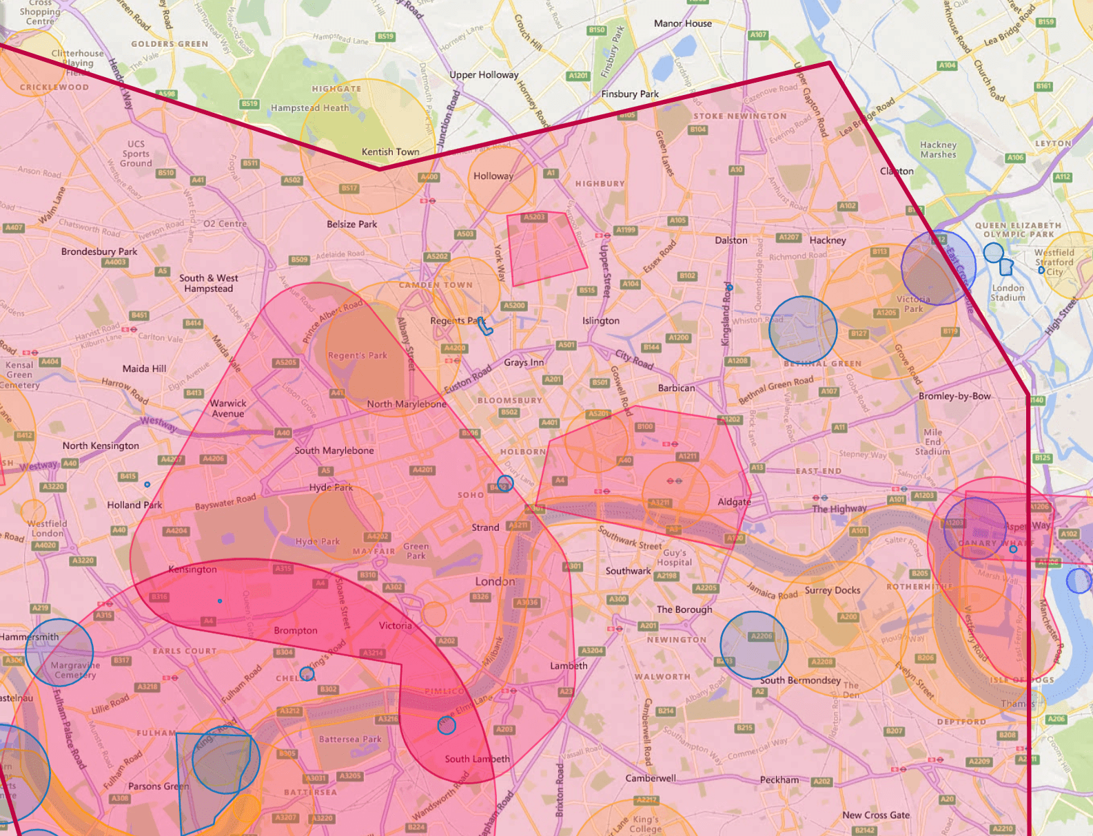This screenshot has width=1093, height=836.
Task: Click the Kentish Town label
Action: (x=390, y=151)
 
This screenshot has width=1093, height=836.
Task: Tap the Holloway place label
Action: (x=493, y=176)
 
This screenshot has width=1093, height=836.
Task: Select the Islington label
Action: (x=600, y=320)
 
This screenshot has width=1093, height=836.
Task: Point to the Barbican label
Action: (x=676, y=388)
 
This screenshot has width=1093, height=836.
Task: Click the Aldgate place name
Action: (x=734, y=501)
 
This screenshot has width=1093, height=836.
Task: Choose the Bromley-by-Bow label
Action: (x=954, y=396)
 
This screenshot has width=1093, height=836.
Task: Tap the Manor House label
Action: (x=682, y=23)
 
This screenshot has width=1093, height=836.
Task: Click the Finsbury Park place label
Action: (x=629, y=94)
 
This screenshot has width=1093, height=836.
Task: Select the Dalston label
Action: (x=731, y=240)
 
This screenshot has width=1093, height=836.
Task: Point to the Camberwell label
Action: (x=651, y=778)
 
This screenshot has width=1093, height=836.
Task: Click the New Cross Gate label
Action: (x=875, y=815)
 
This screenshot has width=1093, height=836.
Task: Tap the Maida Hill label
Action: (x=144, y=368)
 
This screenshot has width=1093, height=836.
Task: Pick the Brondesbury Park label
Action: (x=99, y=251)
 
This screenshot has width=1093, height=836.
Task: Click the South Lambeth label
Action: (x=477, y=759)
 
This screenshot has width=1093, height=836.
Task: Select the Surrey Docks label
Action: (x=832, y=590)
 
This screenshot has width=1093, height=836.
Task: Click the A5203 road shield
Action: (x=533, y=217)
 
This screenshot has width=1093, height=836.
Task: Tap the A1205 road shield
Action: (x=886, y=313)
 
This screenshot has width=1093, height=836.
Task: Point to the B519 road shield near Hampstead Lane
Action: (x=385, y=36)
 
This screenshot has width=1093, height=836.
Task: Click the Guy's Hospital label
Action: (x=674, y=557)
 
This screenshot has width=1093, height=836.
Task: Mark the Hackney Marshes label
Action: (x=938, y=149)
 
